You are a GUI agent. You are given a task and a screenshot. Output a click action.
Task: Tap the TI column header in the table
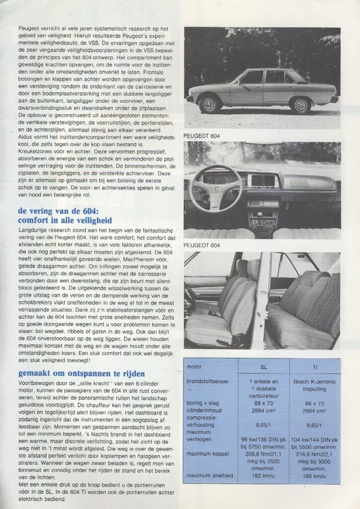click(x=315, y=367)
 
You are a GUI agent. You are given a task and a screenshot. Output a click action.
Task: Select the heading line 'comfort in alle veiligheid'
click(x=65, y=220)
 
